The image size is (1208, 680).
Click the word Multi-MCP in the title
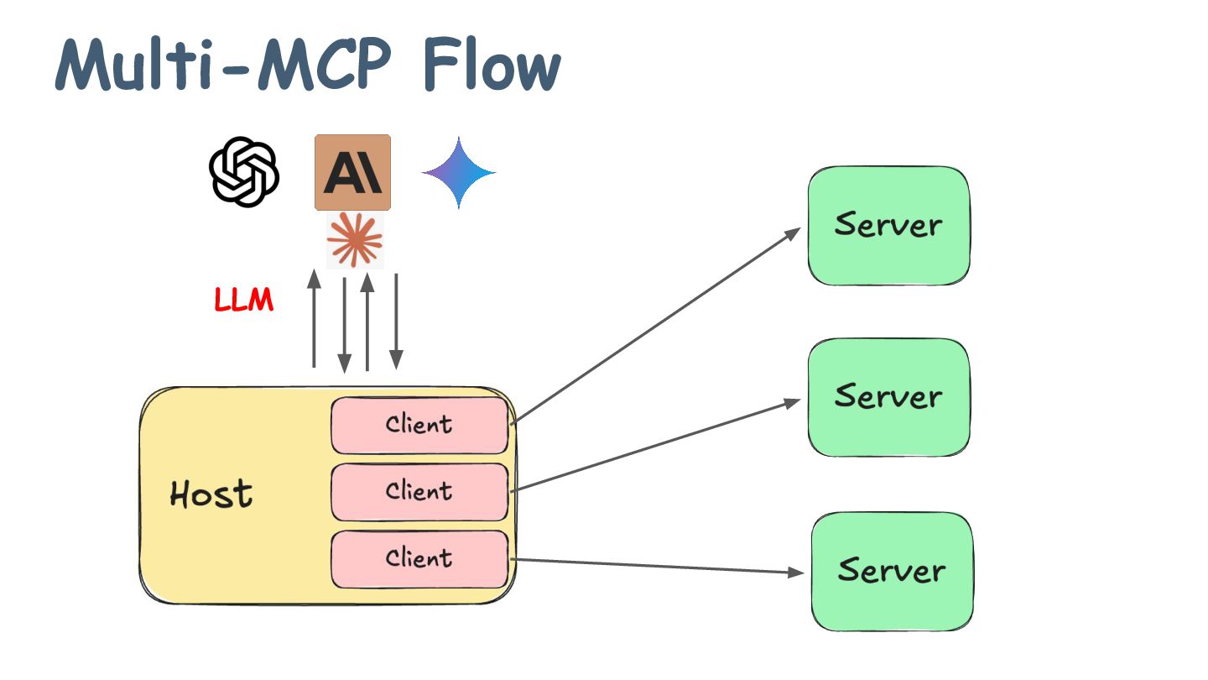point(223,64)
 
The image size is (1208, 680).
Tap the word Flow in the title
point(492,64)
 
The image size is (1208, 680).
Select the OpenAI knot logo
point(244,171)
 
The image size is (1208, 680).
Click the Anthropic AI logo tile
point(352,172)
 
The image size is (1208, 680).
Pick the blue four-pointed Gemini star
point(458,173)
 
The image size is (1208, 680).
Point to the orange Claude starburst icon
point(355,240)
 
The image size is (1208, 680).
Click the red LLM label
point(244,300)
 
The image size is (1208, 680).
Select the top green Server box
point(888,226)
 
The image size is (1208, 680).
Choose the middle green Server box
point(888,397)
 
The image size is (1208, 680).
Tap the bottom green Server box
point(893,571)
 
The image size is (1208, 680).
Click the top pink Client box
point(419,426)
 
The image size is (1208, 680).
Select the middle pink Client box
point(419,492)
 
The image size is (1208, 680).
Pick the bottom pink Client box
point(419,559)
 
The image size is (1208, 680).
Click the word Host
point(211,494)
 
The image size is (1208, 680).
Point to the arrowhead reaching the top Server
point(793,233)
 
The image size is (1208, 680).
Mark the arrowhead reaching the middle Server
point(792,403)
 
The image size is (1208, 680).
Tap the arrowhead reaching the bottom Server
point(796,573)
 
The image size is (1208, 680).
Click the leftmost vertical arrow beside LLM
point(314,318)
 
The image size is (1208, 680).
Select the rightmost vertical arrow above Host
point(396,322)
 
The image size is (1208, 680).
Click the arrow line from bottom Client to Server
point(657,566)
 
